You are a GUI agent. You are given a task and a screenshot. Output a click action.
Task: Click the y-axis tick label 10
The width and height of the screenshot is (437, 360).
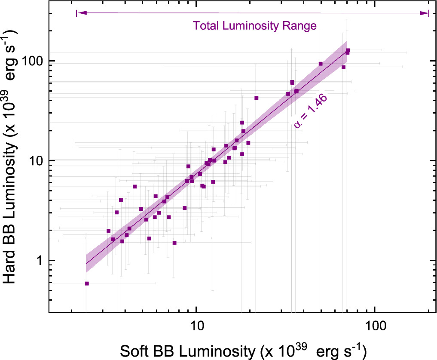click(x=38, y=161)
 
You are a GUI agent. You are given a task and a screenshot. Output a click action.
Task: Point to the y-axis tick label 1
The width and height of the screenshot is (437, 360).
click(x=40, y=261)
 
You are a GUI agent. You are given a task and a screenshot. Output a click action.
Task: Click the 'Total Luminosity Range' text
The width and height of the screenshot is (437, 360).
click(x=255, y=26)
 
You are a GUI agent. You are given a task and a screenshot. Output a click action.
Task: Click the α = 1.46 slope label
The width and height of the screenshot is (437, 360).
click(x=311, y=111)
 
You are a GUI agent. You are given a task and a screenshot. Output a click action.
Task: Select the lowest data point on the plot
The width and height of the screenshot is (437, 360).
click(x=87, y=283)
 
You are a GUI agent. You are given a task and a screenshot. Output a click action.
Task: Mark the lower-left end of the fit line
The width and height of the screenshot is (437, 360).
click(x=86, y=264)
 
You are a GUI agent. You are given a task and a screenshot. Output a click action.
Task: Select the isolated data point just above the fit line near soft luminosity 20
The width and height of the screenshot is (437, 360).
click(x=257, y=98)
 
